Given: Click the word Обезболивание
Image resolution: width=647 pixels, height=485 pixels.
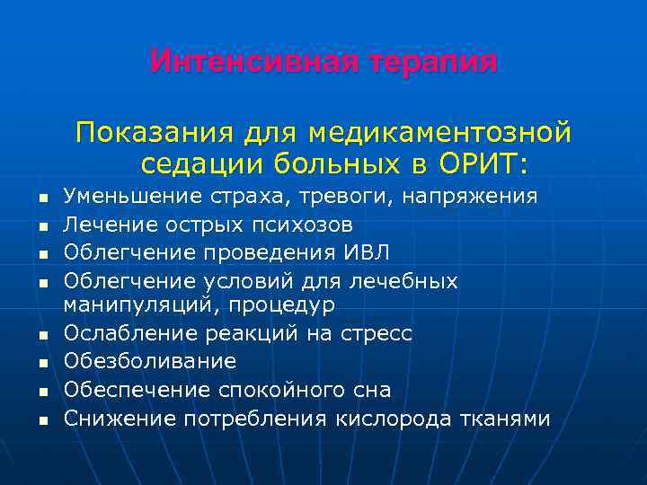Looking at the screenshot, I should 150,362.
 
